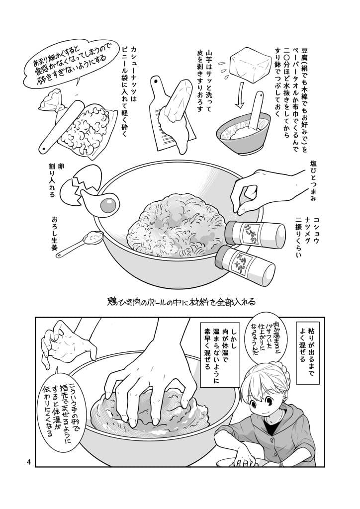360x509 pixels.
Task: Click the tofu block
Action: (x=249, y=64)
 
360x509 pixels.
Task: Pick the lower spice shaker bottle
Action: (x=244, y=263)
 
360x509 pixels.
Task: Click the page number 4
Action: (x=29, y=462)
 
